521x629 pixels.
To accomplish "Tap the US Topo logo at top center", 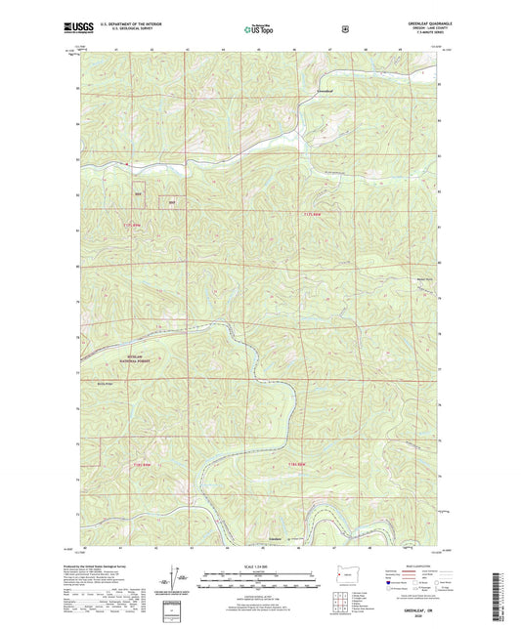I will (x=260, y=30).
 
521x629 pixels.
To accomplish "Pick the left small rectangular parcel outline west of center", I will (x=139, y=192).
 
